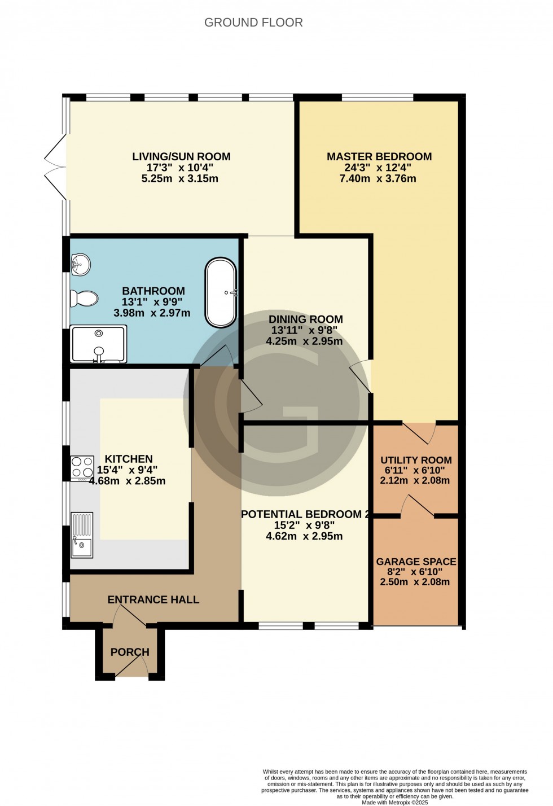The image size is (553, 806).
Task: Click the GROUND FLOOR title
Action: click(x=253, y=23)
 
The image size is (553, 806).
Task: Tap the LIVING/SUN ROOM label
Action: click(x=181, y=157)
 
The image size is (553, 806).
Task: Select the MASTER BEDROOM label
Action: click(x=379, y=157)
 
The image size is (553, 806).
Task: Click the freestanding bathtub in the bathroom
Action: click(x=221, y=292)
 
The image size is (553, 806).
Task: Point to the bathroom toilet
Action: click(x=84, y=297)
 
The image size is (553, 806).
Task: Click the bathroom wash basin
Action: click(x=81, y=264)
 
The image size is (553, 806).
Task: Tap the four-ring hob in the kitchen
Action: click(x=82, y=468)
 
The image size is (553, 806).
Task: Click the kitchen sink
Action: click(x=82, y=535)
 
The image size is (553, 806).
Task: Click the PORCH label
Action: click(x=130, y=652)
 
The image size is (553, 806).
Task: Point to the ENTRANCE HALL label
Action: click(x=153, y=599)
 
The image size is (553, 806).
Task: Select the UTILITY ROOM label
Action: click(x=416, y=460)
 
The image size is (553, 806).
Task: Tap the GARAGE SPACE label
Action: click(x=416, y=562)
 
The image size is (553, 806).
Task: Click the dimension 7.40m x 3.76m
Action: click(x=379, y=179)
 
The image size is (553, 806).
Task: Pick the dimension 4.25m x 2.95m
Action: click(x=305, y=341)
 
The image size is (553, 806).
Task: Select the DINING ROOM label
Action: click(x=305, y=319)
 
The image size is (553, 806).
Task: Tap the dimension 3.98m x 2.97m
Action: click(x=152, y=313)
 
